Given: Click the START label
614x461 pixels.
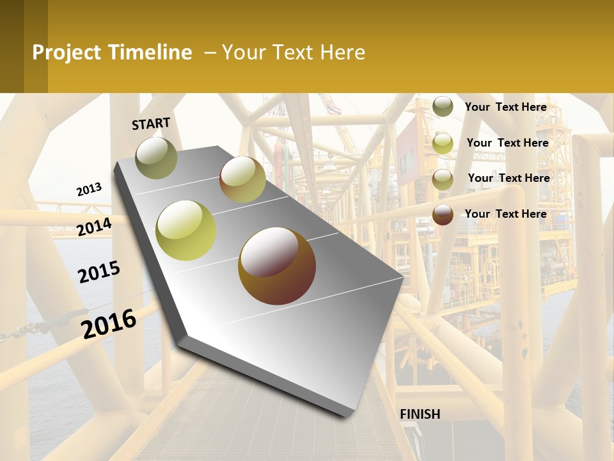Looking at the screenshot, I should point(151,124).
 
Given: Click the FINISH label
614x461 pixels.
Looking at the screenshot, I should point(420,414).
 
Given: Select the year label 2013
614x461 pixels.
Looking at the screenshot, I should point(89,189).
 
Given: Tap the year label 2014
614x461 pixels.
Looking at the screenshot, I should point(94,227).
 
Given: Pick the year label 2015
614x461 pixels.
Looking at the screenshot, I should point(99,272).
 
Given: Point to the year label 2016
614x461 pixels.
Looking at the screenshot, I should point(109,323).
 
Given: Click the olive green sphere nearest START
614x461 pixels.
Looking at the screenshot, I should point(156,158).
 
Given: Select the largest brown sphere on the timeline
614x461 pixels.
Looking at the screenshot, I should point(276,265).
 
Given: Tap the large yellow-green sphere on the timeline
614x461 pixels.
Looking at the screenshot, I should point(186,230).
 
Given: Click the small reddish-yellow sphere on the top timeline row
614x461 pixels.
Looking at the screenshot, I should point(242,179).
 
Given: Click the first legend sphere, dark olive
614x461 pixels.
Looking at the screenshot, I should point(443,106).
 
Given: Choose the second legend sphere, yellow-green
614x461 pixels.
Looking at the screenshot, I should point(443,143).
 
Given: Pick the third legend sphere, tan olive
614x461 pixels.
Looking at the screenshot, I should point(443,179).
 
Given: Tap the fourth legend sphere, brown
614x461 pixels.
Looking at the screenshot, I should point(443,214).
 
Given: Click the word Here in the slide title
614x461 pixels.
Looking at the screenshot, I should point(342,53).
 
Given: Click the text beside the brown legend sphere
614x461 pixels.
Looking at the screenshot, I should point(505,214).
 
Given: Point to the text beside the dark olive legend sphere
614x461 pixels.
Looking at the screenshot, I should point(505,107).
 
